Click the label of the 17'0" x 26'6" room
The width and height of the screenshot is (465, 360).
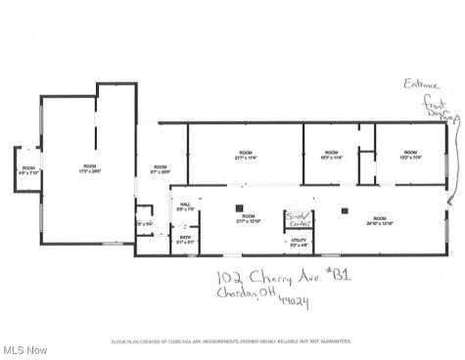pos(90,168)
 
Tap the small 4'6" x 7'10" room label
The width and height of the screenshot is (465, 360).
pos(28,170)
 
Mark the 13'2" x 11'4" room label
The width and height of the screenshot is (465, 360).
pos(409,155)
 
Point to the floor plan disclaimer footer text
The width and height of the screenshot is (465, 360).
pos(232,341)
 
